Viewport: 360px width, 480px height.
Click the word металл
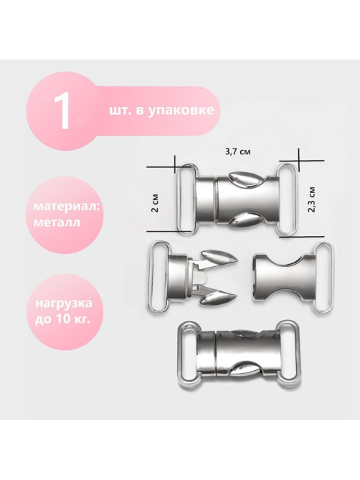[57, 222]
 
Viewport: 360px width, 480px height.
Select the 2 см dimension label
[156, 203]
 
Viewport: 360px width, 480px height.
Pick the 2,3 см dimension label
[312, 199]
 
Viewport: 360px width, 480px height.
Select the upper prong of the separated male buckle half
[219, 259]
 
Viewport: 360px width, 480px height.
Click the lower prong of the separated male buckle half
[218, 298]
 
